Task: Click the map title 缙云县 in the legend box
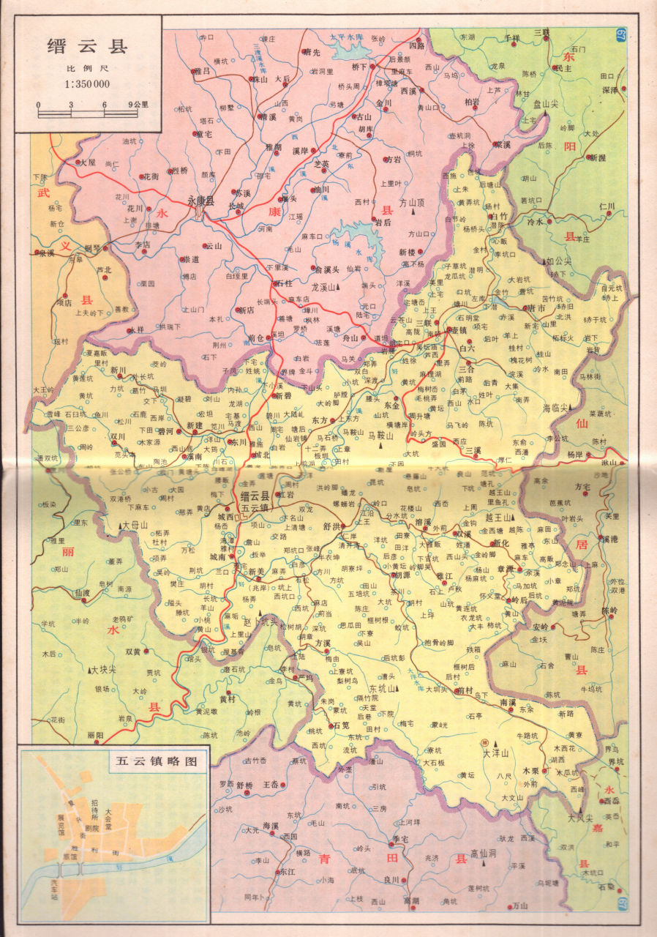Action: pyautogui.click(x=87, y=46)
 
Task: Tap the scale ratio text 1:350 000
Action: pyautogui.click(x=87, y=84)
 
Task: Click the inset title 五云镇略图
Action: pyautogui.click(x=156, y=761)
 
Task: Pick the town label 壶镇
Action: pyautogui.click(x=459, y=331)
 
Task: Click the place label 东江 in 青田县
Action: pyautogui.click(x=286, y=872)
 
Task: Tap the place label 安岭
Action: pyautogui.click(x=541, y=627)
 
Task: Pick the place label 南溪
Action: pyautogui.click(x=508, y=701)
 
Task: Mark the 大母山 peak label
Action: pyautogui.click(x=135, y=525)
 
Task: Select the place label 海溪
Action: pyautogui.click(x=271, y=826)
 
